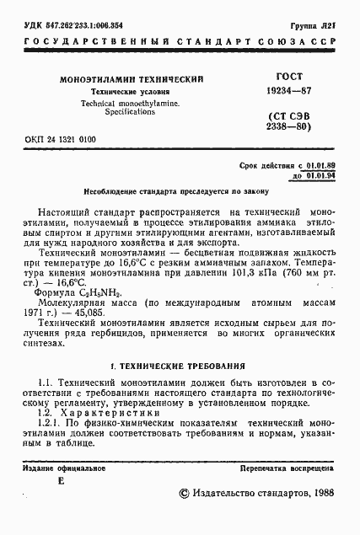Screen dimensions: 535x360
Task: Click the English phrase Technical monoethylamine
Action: pos(130,101)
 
